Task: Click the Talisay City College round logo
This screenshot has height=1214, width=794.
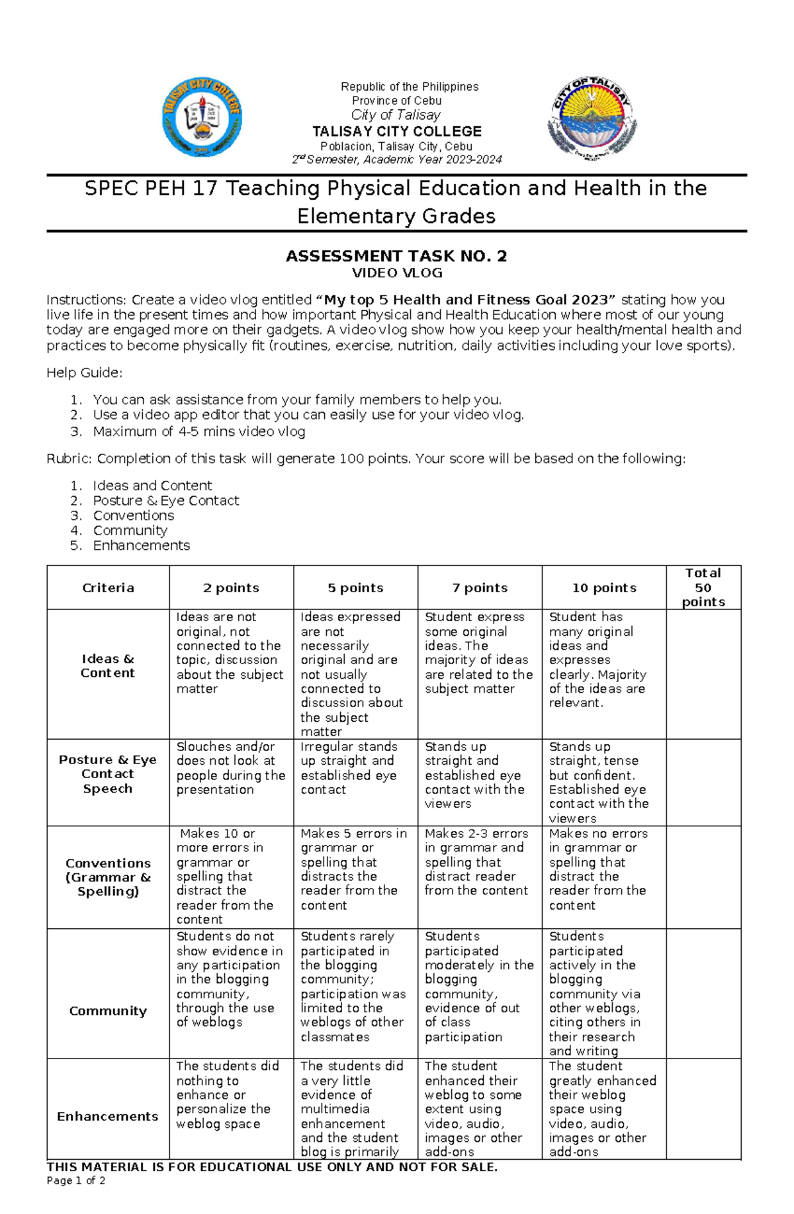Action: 202,116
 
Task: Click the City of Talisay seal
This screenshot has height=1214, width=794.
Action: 592,116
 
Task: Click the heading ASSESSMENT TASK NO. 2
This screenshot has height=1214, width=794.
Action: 396,256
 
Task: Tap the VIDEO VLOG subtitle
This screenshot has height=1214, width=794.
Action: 396,273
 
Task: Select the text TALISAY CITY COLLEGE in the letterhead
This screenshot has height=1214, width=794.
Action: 396,131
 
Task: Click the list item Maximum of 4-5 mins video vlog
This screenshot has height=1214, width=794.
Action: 198,431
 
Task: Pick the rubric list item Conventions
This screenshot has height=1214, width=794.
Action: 133,515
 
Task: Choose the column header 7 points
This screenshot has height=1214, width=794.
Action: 480,587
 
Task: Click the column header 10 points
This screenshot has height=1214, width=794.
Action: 604,587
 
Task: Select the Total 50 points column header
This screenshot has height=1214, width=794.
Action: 703,587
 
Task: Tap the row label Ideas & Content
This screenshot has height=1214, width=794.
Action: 108,666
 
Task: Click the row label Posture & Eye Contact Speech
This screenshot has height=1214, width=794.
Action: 108,774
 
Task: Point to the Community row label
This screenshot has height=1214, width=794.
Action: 108,1010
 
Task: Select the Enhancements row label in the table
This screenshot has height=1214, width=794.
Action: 108,1116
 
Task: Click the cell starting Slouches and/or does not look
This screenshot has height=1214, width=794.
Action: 230,767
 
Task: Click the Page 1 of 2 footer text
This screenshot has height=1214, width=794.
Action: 76,1180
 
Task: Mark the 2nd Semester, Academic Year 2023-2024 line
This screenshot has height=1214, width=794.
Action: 396,159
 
